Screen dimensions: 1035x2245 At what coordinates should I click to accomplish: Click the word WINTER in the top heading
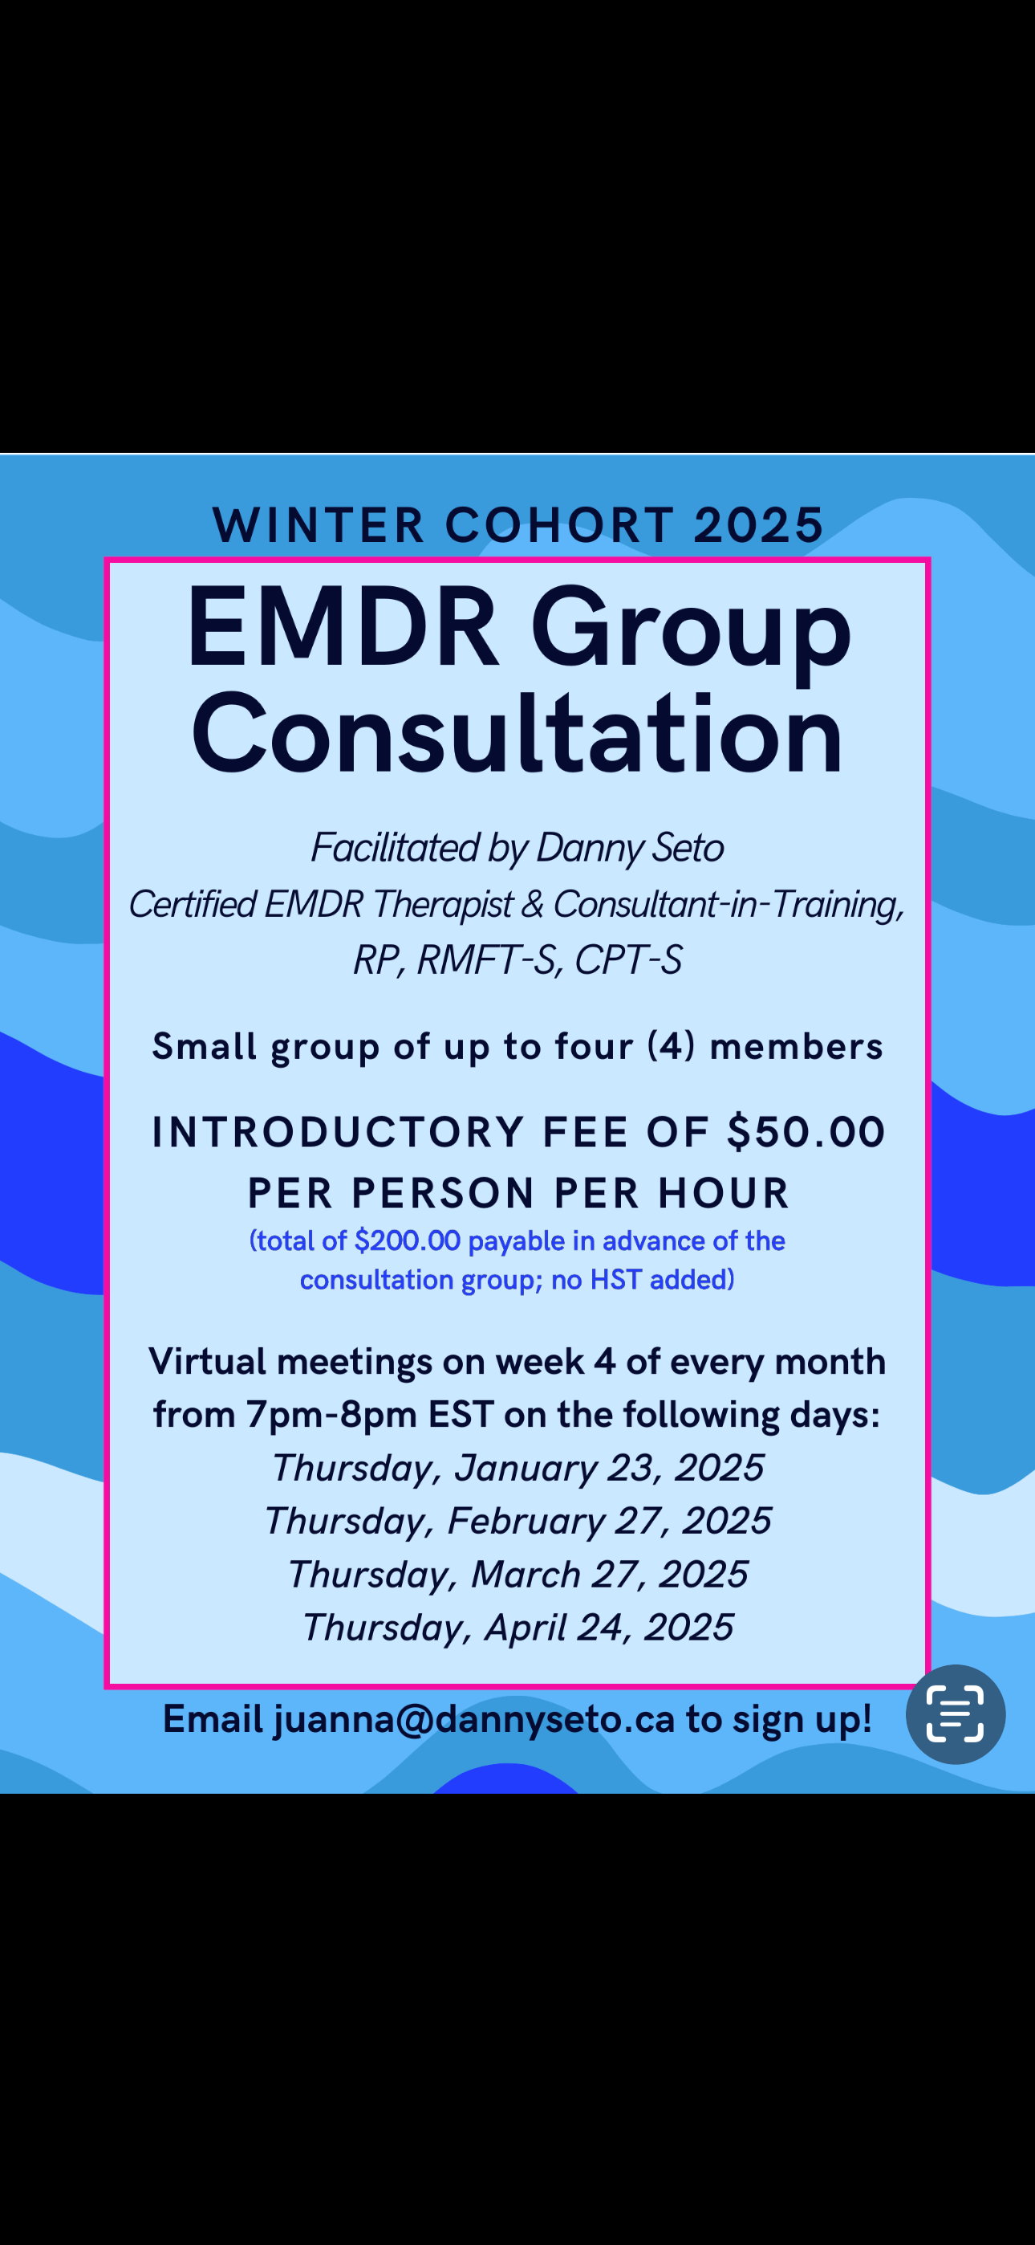(319, 524)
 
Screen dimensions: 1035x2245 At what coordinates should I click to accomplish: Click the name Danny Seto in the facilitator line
(630, 848)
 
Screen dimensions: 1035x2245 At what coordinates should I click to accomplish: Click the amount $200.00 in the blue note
(407, 1241)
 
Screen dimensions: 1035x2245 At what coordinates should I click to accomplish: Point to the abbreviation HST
(616, 1279)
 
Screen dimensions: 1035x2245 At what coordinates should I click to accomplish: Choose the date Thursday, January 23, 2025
(517, 1469)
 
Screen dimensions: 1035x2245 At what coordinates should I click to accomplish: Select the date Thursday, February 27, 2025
(517, 1522)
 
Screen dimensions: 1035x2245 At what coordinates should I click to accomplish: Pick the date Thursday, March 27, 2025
(517, 1575)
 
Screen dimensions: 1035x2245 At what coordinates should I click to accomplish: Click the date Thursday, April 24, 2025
(517, 1628)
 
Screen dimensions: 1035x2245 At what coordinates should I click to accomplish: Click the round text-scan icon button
(956, 1714)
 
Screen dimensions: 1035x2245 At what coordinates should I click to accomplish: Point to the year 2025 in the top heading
(759, 524)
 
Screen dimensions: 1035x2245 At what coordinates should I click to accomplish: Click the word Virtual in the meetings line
(207, 1361)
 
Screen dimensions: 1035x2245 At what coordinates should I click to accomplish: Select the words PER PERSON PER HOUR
(518, 1193)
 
